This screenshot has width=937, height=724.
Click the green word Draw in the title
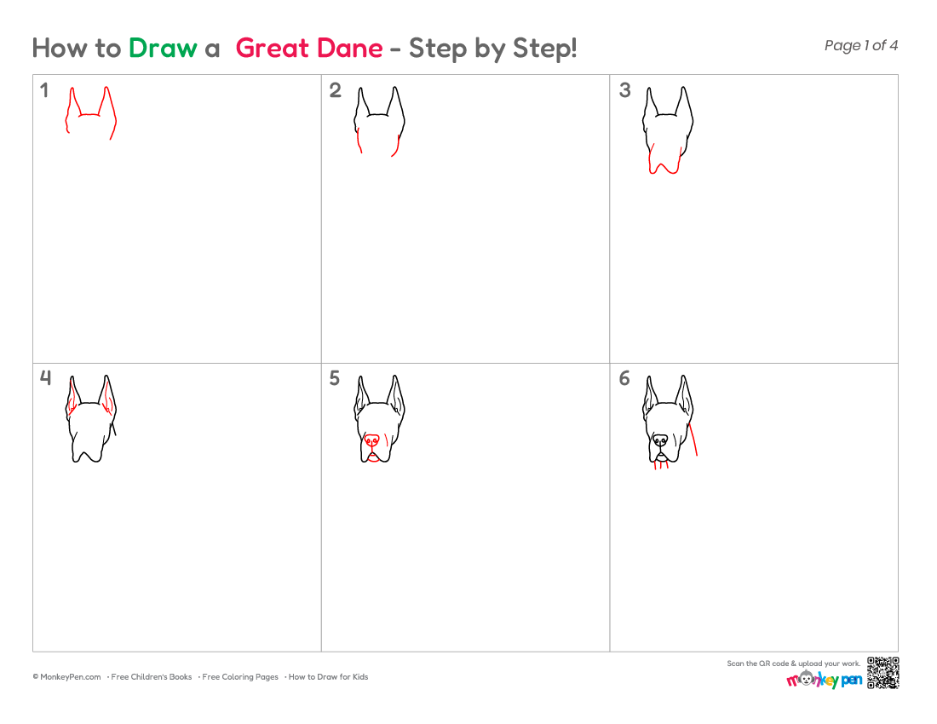coord(163,49)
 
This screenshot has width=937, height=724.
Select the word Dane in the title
coord(349,49)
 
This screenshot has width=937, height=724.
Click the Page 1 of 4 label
coord(860,45)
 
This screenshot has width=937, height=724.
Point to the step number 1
coord(43,90)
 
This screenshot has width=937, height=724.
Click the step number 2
coord(336,90)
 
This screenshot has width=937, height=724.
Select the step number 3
coord(624,90)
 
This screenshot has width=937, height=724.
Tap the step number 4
coord(45,378)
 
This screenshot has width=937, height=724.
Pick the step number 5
coord(335,378)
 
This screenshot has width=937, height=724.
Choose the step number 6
coord(624,378)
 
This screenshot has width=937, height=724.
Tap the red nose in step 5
coord(371,441)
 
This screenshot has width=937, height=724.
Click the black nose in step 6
coord(660,441)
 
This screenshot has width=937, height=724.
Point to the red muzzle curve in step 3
coord(664,165)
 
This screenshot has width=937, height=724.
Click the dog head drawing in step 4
coord(90,418)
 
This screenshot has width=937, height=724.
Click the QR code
coord(883,673)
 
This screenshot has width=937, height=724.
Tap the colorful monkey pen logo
coord(824,679)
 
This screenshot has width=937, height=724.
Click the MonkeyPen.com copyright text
coord(67,677)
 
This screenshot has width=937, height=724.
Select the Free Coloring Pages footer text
coord(240,677)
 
